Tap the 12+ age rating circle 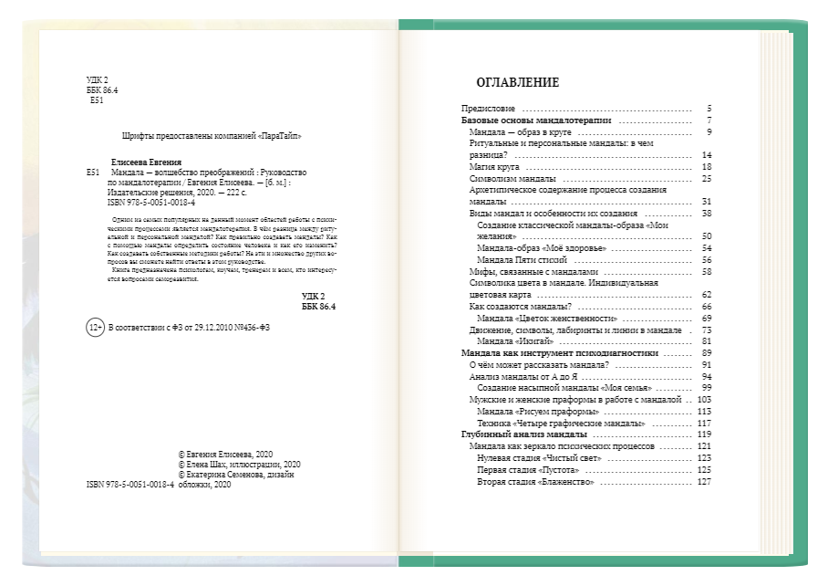coord(94,329)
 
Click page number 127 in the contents coord(703,481)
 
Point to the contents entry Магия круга coord(494,167)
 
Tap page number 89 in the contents coord(706,353)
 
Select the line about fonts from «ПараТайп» coord(211,136)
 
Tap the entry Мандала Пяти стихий coord(529,260)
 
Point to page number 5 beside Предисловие coord(708,109)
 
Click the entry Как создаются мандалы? coord(519,307)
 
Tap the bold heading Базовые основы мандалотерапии coord(535,120)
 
